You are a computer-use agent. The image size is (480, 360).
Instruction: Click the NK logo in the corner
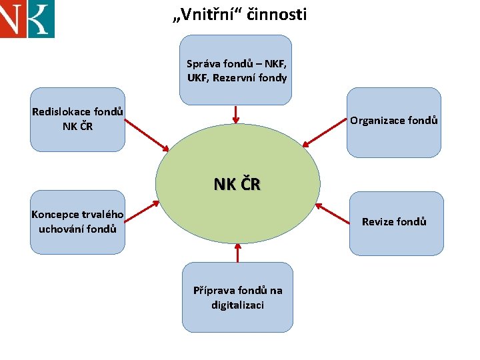[x=27, y=18]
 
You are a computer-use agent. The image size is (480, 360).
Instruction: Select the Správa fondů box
[x=237, y=71]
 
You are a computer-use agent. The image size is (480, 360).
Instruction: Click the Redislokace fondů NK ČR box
[x=77, y=119]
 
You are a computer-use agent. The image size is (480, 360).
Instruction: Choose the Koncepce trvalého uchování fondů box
[x=77, y=222]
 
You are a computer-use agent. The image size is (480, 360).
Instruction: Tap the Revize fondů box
[x=396, y=223]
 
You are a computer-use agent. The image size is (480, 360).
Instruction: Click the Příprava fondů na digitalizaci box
[x=237, y=297]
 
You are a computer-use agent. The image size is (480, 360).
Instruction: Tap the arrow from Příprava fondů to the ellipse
[x=237, y=253]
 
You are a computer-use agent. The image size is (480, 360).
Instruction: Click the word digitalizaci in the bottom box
[x=237, y=305]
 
